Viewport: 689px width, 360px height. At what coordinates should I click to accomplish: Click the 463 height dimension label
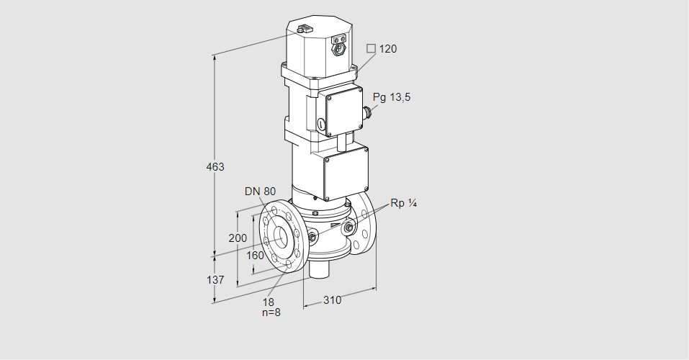(x=215, y=167)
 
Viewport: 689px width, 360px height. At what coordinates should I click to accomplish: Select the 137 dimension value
(x=215, y=279)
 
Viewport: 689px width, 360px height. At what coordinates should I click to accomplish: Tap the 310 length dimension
(x=332, y=300)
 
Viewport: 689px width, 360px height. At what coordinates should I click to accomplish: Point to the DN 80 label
(x=260, y=192)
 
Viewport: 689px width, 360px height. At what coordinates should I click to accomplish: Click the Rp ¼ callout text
(x=403, y=203)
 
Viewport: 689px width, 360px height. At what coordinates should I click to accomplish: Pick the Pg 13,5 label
(x=392, y=98)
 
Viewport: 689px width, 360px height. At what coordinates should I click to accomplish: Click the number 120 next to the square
(x=388, y=49)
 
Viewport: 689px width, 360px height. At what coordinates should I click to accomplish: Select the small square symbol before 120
(x=371, y=49)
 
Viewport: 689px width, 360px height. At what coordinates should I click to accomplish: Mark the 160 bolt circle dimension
(x=255, y=255)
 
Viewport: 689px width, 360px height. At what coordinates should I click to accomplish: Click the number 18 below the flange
(x=269, y=302)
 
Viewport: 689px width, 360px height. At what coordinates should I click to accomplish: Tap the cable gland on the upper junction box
(x=368, y=111)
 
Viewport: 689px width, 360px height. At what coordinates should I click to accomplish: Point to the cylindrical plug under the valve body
(x=319, y=271)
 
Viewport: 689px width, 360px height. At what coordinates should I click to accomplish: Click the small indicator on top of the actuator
(x=302, y=30)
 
